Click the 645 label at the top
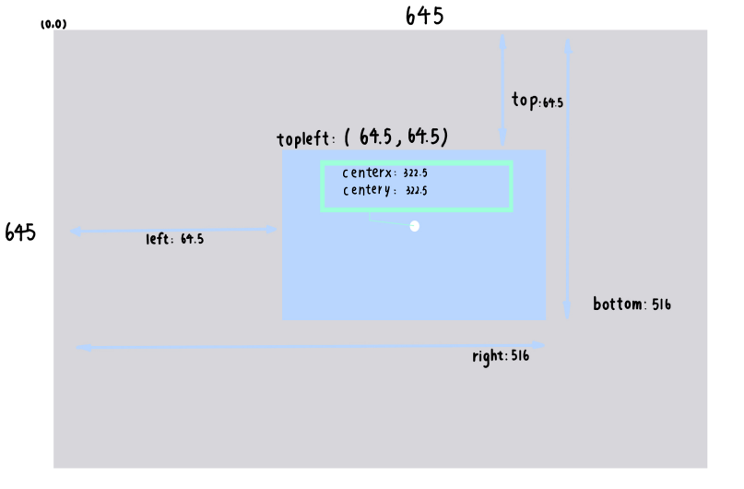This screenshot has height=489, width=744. (425, 16)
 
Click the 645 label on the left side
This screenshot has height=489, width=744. (20, 233)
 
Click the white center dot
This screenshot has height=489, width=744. (415, 226)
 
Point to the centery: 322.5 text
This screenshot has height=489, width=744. (384, 190)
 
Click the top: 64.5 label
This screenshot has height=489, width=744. (537, 101)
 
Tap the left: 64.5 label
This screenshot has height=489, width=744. (175, 239)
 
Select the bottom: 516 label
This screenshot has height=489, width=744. (632, 304)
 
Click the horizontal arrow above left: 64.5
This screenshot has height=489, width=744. (174, 231)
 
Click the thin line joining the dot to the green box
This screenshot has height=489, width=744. (387, 221)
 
